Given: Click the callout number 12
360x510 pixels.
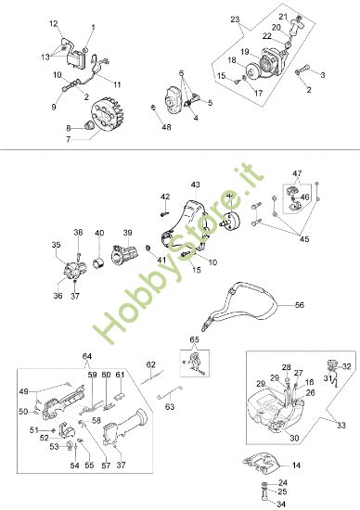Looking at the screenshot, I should [x=53, y=22].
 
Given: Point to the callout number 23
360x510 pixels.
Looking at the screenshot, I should [x=234, y=19].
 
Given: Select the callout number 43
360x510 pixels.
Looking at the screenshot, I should [x=196, y=185].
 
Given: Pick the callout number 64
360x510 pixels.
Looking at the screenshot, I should [x=87, y=357].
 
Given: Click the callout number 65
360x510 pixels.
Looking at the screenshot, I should [x=194, y=339].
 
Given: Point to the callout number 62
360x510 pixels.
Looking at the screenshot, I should [x=150, y=364].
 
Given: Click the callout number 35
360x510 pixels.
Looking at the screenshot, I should [x=57, y=245].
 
